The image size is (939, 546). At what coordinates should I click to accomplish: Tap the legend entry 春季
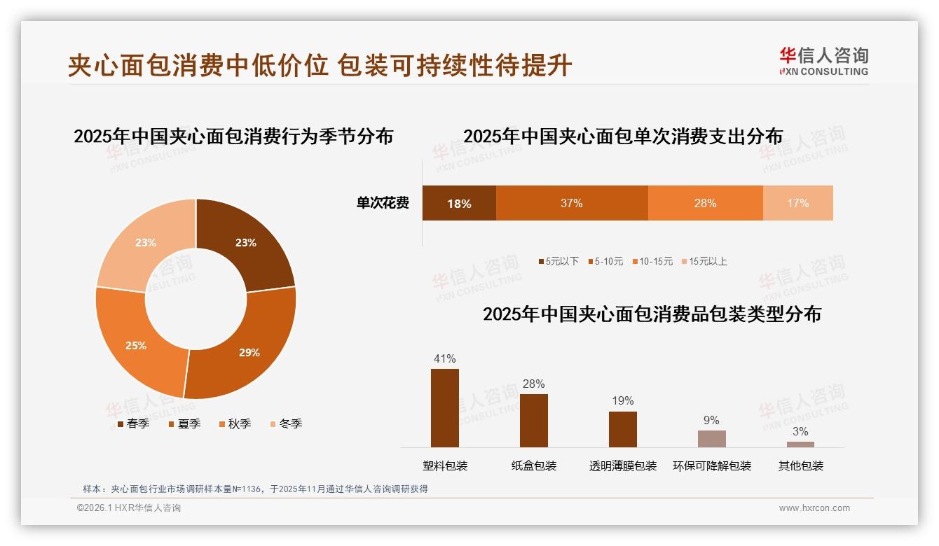tap(132, 423)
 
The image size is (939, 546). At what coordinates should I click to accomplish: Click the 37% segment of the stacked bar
tap(572, 203)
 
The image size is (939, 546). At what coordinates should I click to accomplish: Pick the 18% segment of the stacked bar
tap(459, 203)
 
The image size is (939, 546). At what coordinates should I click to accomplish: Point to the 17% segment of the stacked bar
tap(797, 203)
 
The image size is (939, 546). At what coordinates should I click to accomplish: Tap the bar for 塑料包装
tap(445, 408)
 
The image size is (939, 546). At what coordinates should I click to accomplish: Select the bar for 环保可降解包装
tap(711, 439)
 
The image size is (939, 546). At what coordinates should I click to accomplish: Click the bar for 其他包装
tap(800, 444)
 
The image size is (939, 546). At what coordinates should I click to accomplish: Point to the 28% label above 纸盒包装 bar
tap(533, 384)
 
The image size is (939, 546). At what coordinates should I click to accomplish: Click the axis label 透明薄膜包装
tap(623, 466)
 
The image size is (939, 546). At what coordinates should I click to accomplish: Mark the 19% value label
tap(622, 400)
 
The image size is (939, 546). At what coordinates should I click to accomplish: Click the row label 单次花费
tap(383, 203)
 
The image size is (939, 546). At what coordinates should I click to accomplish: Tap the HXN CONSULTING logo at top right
tap(823, 62)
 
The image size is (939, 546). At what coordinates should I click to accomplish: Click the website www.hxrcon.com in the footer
tap(814, 508)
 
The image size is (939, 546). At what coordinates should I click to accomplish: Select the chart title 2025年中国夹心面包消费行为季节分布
tap(233, 136)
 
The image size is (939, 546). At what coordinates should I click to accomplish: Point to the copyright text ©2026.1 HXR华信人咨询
tap(129, 508)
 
